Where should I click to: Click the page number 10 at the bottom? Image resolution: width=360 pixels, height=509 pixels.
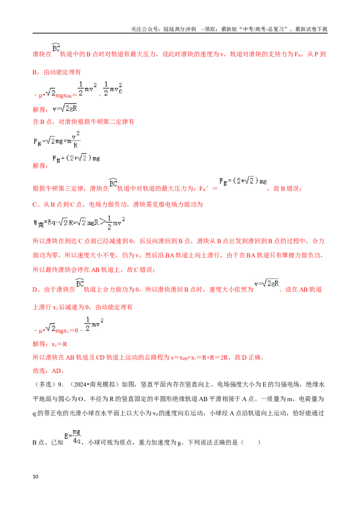(36, 476)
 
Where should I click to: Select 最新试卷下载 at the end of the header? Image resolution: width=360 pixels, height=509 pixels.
(311, 29)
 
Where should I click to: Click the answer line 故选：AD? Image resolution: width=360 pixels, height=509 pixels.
(49, 371)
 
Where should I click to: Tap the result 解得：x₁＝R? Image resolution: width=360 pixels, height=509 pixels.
(49, 344)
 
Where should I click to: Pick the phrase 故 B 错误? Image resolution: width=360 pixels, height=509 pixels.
(287, 188)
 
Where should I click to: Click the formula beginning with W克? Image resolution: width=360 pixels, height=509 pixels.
(79, 223)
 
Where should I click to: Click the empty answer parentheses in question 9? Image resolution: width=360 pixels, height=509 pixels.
(251, 442)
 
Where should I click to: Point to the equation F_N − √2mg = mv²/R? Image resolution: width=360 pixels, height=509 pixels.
(57, 140)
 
